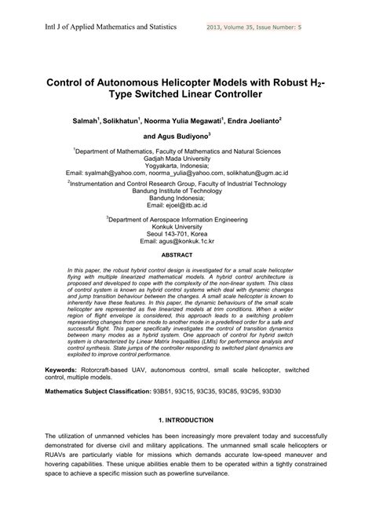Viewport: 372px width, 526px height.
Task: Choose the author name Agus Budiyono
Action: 187,136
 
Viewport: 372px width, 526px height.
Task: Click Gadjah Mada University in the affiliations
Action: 186,157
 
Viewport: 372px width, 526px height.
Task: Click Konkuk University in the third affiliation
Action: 186,231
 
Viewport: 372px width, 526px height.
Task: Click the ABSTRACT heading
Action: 186,255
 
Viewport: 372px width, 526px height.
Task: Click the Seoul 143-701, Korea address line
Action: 186,239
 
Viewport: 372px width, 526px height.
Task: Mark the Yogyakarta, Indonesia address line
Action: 186,165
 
